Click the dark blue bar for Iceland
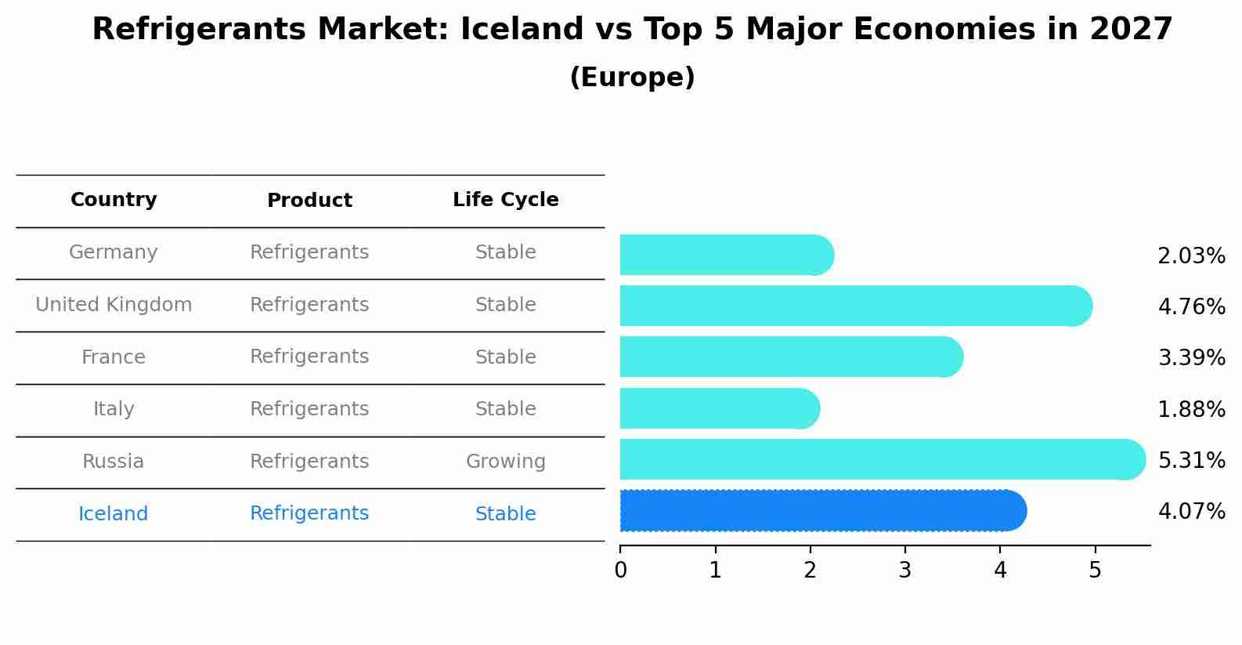coord(822,510)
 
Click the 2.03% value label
coord(1190,256)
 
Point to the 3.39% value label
coord(1190,358)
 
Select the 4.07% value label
coord(1190,512)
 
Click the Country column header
coord(114,200)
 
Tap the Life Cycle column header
coord(505,200)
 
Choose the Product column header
coord(309,201)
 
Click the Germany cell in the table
coord(114,252)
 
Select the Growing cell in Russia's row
coord(505,462)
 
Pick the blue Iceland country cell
coord(114,514)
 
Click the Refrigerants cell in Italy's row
coord(309,409)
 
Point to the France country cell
coord(114,357)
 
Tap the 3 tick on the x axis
coord(904,570)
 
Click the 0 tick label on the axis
coord(620,570)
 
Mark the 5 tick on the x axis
coord(1095,570)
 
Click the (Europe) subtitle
coord(632,78)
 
